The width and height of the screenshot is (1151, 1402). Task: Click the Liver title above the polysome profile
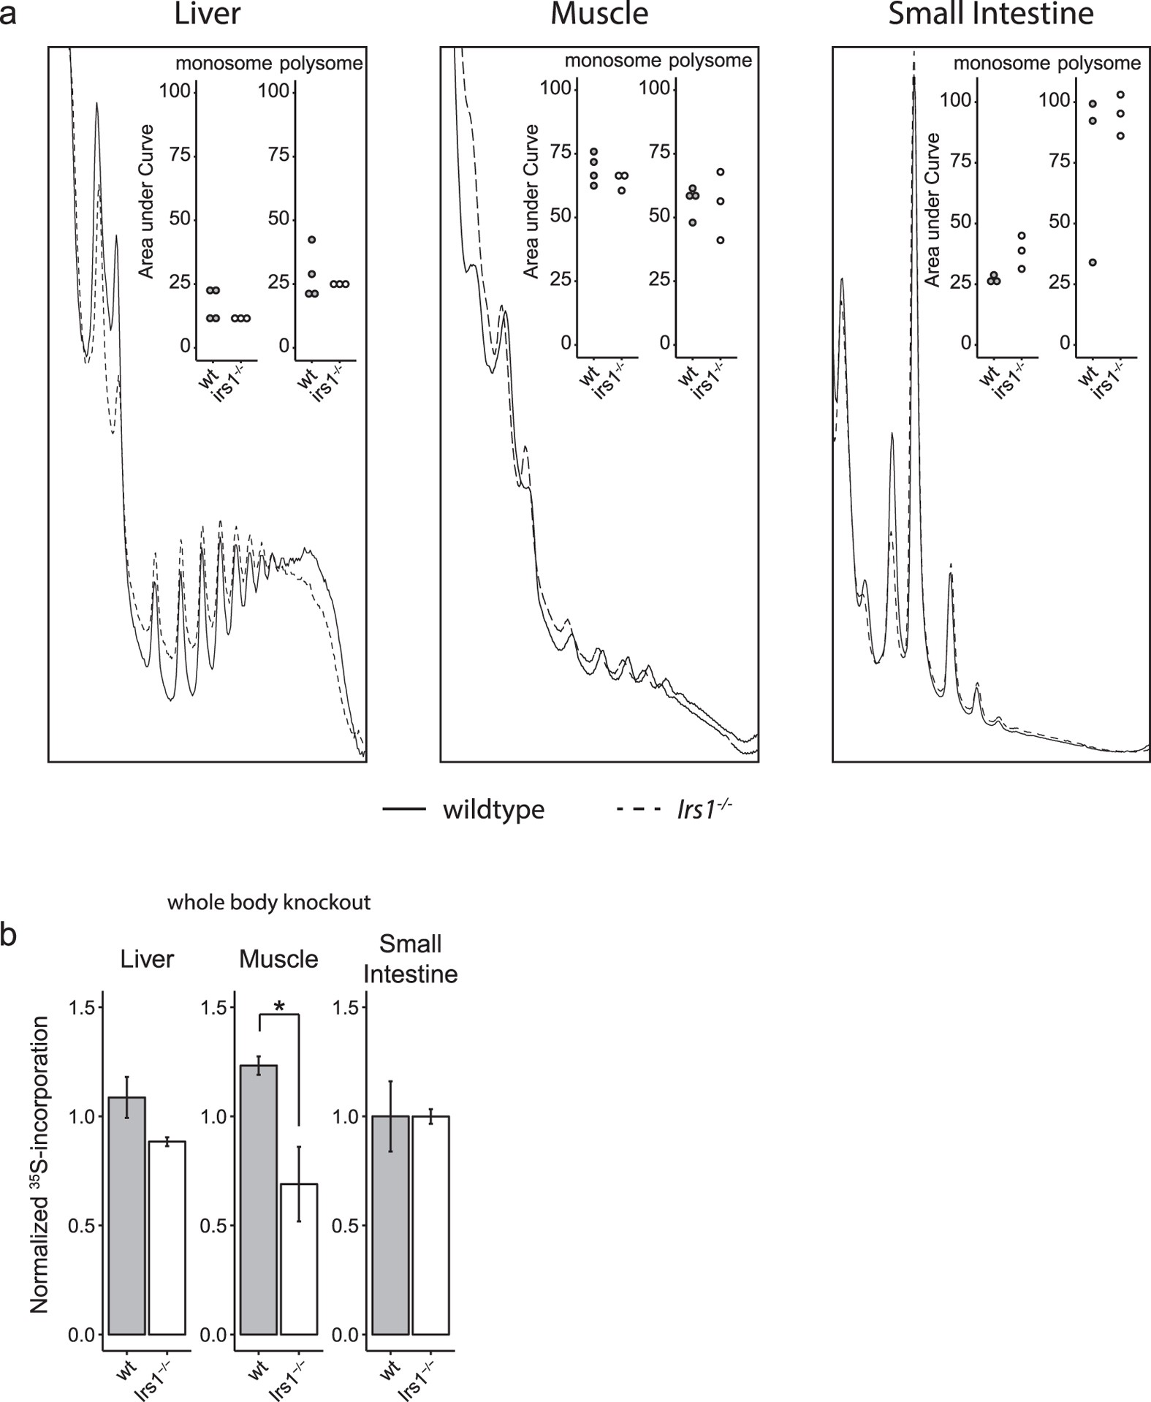208,15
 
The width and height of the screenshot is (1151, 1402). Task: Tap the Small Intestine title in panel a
990,15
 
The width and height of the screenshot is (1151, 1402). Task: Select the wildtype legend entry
493,810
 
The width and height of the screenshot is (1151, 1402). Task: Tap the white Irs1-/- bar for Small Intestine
430,1225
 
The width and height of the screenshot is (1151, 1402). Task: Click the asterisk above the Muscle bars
279,1007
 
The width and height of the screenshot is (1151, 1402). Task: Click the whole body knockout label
269,903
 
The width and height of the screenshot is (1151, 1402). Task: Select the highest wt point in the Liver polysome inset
312,240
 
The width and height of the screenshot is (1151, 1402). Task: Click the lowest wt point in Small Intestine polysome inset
1093,262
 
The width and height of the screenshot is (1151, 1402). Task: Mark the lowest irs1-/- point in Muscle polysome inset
720,240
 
